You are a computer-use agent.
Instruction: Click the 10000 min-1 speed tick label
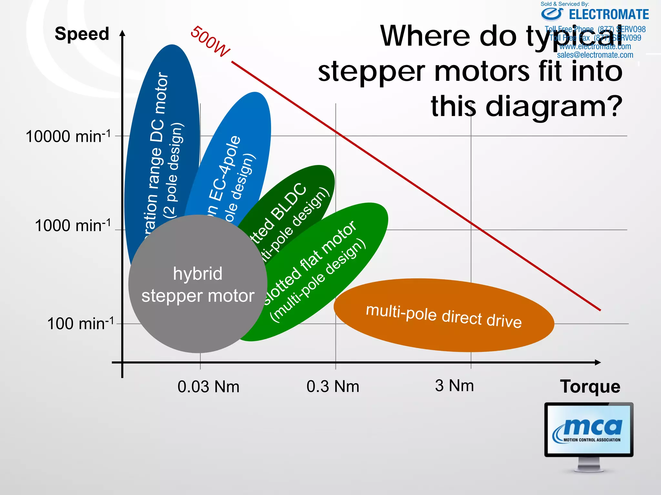(x=68, y=136)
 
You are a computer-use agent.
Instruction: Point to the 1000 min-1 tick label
(x=73, y=225)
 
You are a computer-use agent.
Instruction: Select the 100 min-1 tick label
(x=80, y=323)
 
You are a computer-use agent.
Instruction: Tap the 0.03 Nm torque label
(x=208, y=386)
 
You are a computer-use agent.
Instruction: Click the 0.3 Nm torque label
(x=333, y=386)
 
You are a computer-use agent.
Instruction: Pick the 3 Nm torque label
(x=454, y=385)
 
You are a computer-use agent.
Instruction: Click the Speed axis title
(x=82, y=34)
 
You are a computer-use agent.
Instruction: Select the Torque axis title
(x=590, y=386)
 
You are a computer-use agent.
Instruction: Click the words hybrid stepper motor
(x=198, y=285)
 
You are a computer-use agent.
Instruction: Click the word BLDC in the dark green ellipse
(x=289, y=201)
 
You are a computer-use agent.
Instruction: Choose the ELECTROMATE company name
(x=609, y=15)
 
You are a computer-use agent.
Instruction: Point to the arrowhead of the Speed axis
(x=122, y=33)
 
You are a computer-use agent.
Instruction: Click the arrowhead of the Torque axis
(x=598, y=363)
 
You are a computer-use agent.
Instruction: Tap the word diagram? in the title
(x=554, y=106)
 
